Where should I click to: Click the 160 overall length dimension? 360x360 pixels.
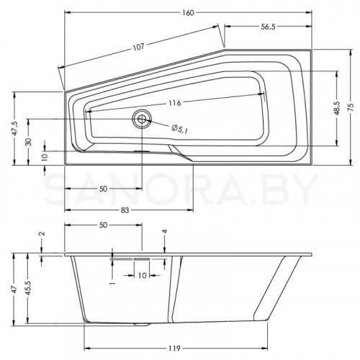188,13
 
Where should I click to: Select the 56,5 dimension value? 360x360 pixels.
268,27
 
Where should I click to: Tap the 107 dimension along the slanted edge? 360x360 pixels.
138,46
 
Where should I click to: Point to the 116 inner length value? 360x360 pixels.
174,103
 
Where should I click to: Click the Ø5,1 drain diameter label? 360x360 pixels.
180,129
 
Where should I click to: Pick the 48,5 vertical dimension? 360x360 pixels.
337,108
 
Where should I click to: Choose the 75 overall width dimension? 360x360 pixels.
351,107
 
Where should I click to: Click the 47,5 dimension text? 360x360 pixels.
15,129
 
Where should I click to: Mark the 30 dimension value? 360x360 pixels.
29,142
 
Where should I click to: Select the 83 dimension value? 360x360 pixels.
125,210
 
